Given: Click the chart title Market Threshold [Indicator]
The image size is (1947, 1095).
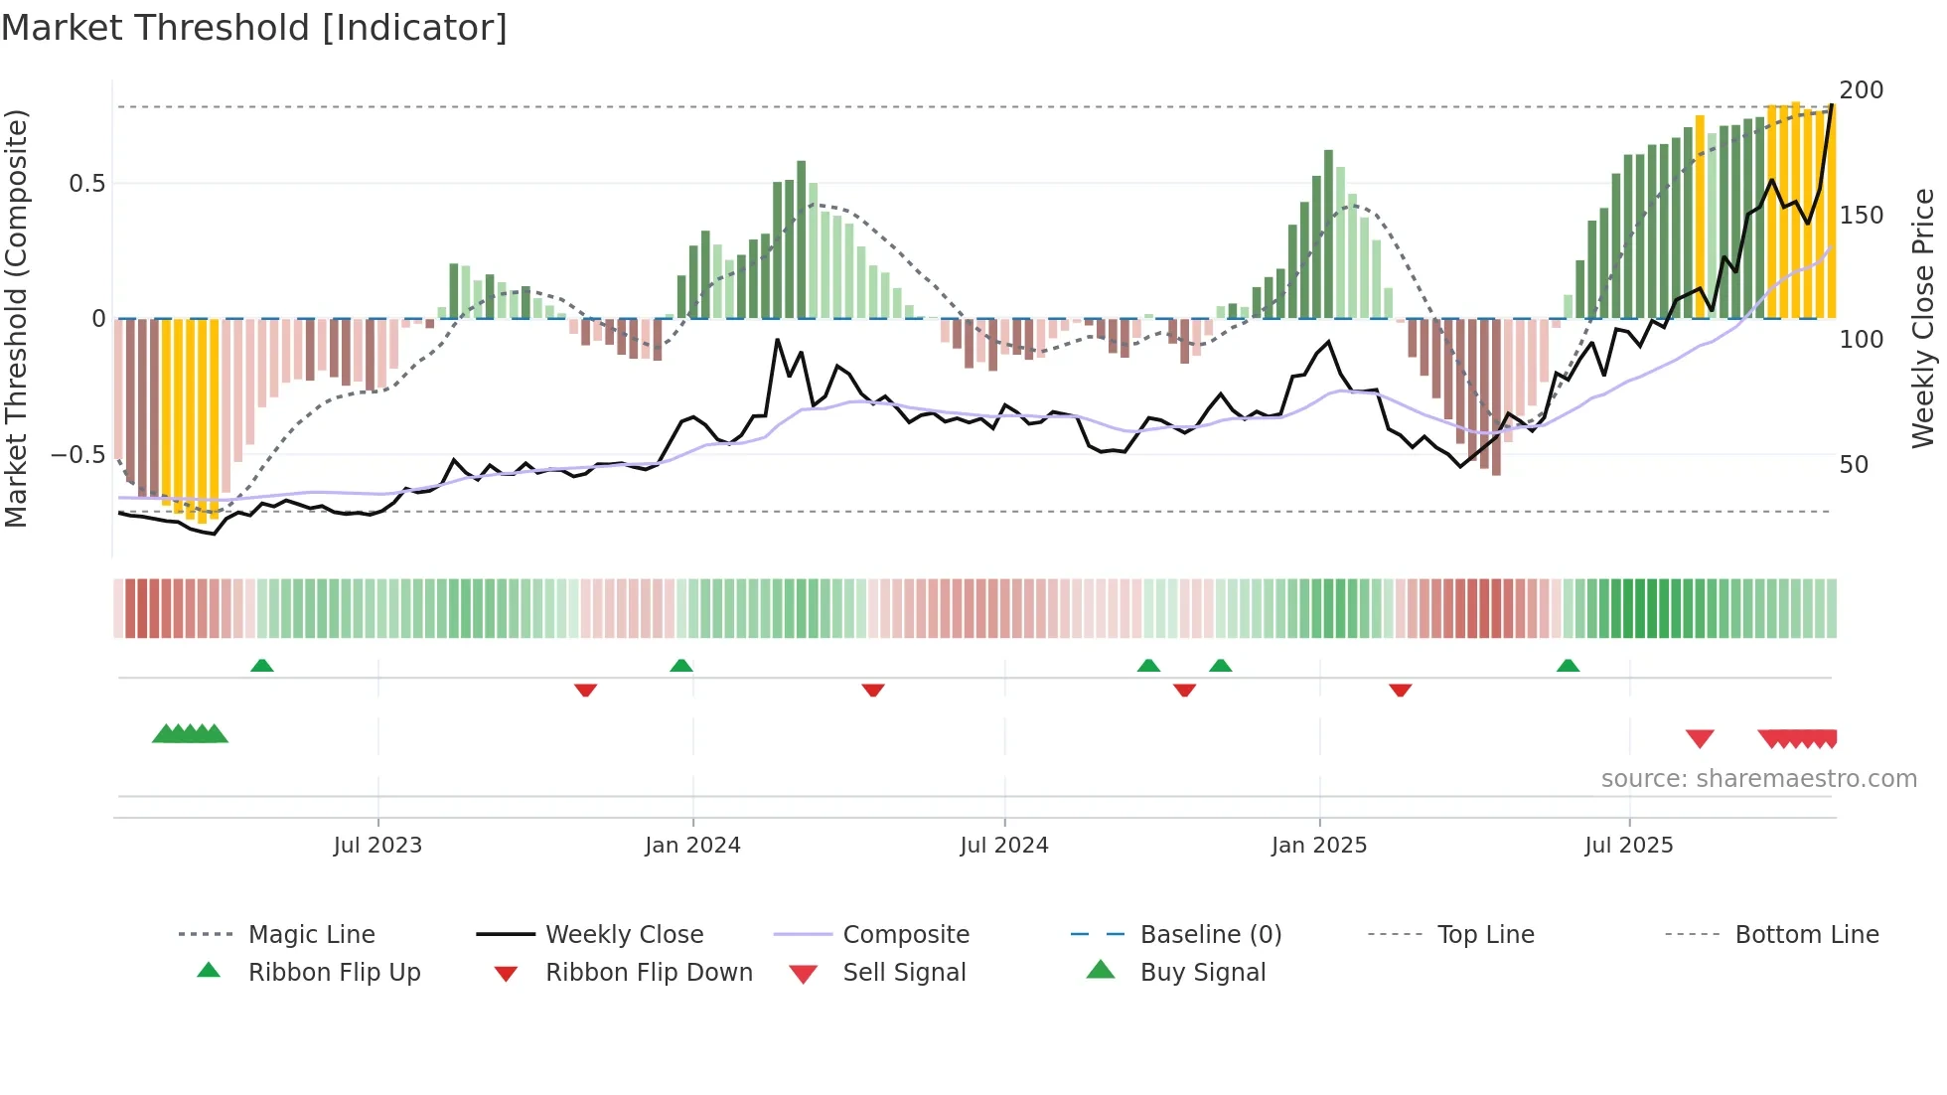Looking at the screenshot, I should [x=254, y=28].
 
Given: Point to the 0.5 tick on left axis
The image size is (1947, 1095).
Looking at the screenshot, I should [x=86, y=184].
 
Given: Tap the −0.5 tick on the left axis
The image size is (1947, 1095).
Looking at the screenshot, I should [x=78, y=455].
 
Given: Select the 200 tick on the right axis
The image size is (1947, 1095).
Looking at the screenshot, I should [x=1861, y=90].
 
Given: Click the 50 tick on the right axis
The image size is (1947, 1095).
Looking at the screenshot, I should [x=1854, y=465].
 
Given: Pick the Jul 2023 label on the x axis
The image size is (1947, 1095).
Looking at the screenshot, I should [x=377, y=846].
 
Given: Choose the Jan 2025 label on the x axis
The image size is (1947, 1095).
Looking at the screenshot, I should [x=1319, y=846].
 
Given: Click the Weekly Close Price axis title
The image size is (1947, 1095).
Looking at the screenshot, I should [x=1923, y=318].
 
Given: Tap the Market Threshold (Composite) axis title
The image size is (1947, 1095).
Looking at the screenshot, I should [x=17, y=318].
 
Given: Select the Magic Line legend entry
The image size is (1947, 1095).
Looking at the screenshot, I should [x=311, y=935].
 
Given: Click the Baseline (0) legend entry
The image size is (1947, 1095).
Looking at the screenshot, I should [x=1210, y=935].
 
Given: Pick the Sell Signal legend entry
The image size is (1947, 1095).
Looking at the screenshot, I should [x=904, y=973].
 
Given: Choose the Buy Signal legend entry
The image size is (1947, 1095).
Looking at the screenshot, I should [x=1202, y=973].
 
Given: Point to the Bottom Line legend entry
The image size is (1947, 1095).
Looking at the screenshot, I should [x=1806, y=935].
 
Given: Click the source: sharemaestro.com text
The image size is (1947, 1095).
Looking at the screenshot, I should [x=1758, y=779].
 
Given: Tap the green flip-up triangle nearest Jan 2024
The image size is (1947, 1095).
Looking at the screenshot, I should [x=681, y=666].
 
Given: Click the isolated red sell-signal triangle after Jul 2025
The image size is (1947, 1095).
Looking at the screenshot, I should [x=1700, y=738].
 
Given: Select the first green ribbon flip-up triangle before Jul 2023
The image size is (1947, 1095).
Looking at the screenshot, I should [x=262, y=666].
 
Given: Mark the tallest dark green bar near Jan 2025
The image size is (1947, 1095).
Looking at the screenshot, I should [x=1328, y=234].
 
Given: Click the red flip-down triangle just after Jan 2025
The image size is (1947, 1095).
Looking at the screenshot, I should [x=1401, y=690].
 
